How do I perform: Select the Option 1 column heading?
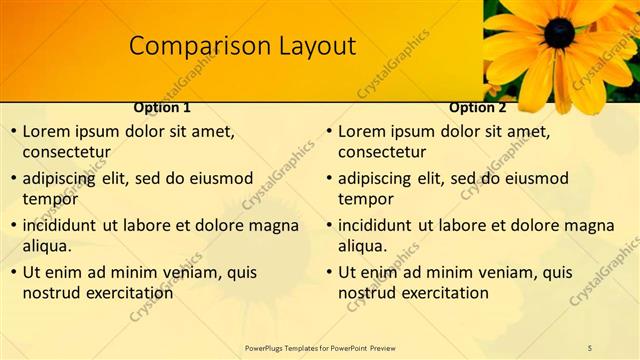coord(162,107)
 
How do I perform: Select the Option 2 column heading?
coord(478,107)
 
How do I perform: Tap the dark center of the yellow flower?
coord(559,32)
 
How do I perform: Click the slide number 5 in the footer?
coord(590,347)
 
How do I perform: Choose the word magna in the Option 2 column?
coord(589,226)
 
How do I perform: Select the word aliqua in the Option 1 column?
coord(47,246)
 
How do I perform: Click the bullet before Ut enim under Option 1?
coord(12,272)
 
